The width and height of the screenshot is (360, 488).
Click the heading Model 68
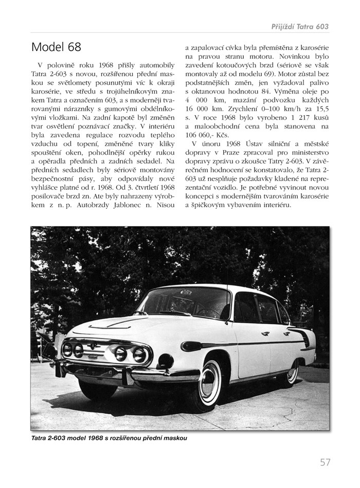pyautogui.click(x=56, y=47)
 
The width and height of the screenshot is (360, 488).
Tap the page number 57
pyautogui.click(x=325, y=462)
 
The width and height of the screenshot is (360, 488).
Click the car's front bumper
pyautogui.click(x=129, y=371)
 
